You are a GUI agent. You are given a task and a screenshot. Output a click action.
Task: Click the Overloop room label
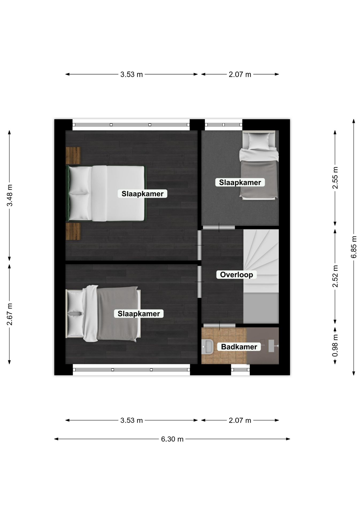[236, 275]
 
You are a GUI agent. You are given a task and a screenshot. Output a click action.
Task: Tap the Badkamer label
[239, 347]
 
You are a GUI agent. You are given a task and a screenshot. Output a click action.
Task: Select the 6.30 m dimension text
[172, 439]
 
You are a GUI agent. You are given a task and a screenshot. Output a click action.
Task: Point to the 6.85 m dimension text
[354, 247]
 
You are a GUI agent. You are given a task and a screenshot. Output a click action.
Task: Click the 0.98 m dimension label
[335, 345]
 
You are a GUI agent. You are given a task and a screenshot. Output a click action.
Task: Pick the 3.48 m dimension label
[9, 195]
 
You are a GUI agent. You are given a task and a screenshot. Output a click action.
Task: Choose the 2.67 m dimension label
[9, 314]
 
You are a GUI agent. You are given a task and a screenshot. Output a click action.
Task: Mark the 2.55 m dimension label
[335, 178]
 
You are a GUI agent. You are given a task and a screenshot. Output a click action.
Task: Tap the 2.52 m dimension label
[335, 276]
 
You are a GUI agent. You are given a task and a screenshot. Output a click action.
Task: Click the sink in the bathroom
[207, 347]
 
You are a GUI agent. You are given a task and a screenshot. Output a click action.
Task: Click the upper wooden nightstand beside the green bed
[73, 156]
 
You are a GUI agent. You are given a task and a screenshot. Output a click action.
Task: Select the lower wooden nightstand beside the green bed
[73, 231]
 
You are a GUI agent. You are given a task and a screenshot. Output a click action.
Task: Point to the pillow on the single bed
[259, 141]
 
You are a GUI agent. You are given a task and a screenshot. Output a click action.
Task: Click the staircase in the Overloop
[261, 276]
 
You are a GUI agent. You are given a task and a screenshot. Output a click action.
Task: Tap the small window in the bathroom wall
[240, 370]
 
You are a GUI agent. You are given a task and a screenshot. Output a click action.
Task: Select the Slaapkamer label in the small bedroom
[240, 182]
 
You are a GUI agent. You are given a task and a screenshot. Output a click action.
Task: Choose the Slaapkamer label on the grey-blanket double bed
[139, 314]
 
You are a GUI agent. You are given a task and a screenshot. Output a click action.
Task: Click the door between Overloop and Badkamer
[219, 325]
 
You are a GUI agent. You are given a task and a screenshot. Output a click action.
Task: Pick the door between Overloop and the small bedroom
[219, 227]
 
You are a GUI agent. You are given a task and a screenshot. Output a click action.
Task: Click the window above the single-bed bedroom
[223, 125]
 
